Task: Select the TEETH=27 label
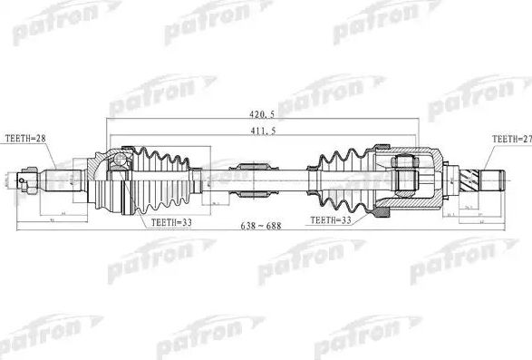(510, 139)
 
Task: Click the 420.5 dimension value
(262, 116)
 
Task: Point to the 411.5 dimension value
(262, 132)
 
